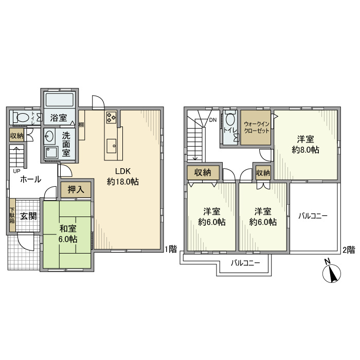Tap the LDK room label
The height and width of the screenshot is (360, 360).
(x=123, y=176)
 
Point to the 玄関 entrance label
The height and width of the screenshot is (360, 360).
(x=28, y=215)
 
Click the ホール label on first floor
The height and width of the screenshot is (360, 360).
(x=30, y=180)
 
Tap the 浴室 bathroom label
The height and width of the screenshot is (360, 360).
(x=58, y=118)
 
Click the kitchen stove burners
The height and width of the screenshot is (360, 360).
(x=112, y=117)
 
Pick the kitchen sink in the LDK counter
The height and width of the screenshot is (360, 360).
(x=112, y=146)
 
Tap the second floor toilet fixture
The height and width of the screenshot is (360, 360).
(x=229, y=121)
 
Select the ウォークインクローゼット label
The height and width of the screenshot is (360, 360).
(x=256, y=128)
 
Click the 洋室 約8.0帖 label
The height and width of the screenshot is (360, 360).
(x=305, y=145)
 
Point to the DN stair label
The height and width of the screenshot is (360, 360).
(x=212, y=121)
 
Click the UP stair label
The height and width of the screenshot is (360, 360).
(x=16, y=171)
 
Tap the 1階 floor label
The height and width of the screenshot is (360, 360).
(x=171, y=249)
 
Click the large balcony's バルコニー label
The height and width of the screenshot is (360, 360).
(x=313, y=217)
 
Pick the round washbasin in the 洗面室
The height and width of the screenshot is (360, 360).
(x=50, y=137)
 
